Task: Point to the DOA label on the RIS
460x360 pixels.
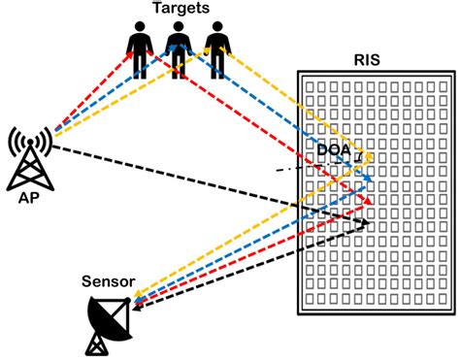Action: [336, 149]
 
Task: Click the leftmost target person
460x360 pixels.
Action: [141, 50]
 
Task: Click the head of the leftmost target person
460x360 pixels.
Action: [141, 28]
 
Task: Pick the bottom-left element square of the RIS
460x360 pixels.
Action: [305, 302]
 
